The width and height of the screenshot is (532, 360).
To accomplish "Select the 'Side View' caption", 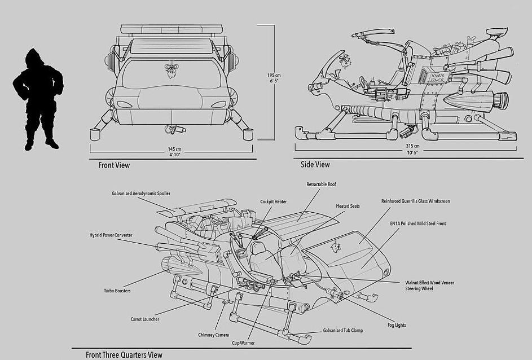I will (x=315, y=165).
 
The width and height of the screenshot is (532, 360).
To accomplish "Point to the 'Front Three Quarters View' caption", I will (x=124, y=355).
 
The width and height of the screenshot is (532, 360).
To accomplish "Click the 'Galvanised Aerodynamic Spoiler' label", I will (x=141, y=193).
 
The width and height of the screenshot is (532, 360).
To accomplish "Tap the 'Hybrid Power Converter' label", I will (x=111, y=235).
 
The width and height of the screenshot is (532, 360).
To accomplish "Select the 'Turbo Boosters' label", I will (x=117, y=291).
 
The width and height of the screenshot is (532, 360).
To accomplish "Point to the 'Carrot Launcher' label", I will (x=144, y=319).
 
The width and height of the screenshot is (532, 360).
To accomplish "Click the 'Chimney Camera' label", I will (x=213, y=335).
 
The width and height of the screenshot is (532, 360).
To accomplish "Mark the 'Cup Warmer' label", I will (x=243, y=343).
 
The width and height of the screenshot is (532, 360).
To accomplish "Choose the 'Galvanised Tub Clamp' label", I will (x=342, y=331).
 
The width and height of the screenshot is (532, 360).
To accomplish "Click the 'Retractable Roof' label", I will (x=321, y=185).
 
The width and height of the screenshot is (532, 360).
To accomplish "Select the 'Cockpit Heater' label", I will (x=274, y=201).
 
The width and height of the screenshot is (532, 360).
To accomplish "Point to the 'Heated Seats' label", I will (x=348, y=206).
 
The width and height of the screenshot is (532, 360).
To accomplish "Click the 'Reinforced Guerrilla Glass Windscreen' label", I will (x=415, y=201).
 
